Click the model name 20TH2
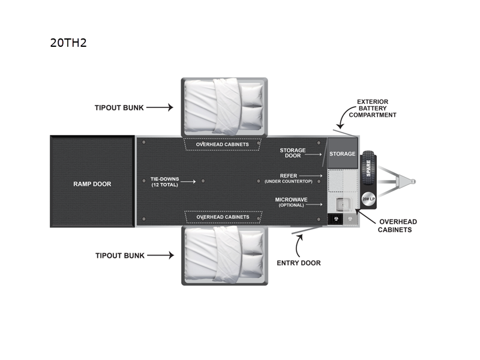tap(69, 43)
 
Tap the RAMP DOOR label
tap(92, 184)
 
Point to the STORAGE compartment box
tap(342, 154)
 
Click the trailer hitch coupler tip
tap(413, 181)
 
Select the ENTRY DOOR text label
tap(298, 263)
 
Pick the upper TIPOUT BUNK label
tap(118, 108)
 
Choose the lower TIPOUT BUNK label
tap(119, 256)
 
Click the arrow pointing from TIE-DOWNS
tap(187, 180)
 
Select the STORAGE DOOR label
tap(293, 153)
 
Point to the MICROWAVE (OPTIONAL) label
tap(291, 202)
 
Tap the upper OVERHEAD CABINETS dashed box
tap(222, 144)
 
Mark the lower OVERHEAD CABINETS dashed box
tap(222, 217)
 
